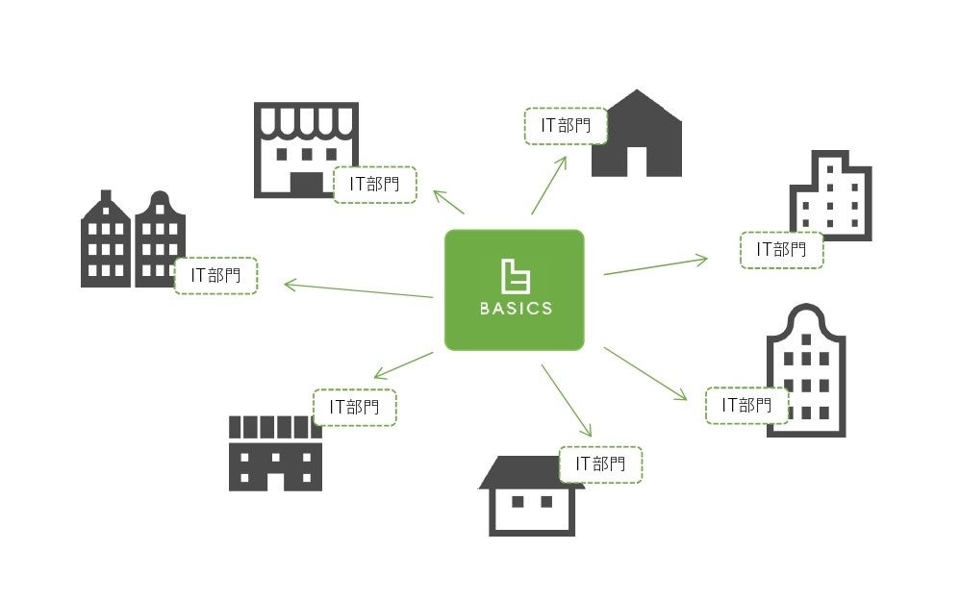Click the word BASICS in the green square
tap(515, 309)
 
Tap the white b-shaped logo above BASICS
tap(515, 276)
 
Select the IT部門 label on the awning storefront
tap(375, 184)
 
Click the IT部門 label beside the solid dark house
tap(567, 126)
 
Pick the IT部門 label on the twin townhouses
tap(215, 276)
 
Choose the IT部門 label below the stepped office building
tap(781, 249)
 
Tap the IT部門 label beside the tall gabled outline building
tap(747, 405)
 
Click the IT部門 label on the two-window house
tap(600, 463)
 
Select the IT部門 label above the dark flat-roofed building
tap(354, 407)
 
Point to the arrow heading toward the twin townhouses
tap(356, 290)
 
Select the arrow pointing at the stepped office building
tap(654, 266)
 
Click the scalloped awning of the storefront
tap(306, 121)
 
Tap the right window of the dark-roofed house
tap(546, 501)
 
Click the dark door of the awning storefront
tap(307, 184)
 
